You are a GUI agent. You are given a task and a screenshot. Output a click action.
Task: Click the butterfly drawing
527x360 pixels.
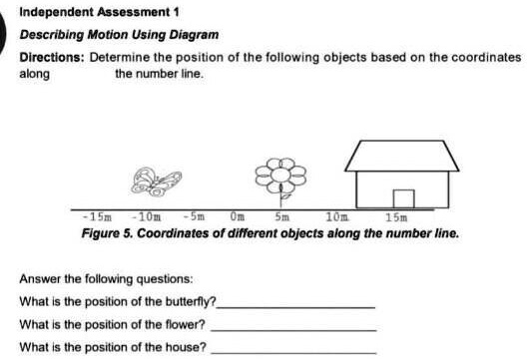point(158,180)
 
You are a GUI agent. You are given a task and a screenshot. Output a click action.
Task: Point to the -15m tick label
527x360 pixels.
point(97,215)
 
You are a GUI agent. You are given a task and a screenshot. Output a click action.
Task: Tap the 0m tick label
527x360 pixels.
point(237,215)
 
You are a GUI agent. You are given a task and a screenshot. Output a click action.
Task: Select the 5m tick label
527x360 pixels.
point(281,215)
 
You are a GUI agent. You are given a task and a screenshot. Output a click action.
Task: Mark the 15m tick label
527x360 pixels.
point(396,215)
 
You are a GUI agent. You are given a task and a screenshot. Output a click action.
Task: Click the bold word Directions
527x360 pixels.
point(52,58)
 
